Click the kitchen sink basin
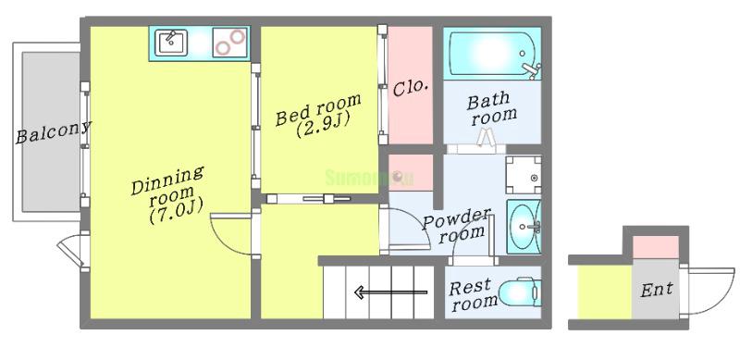pyautogui.click(x=172, y=42)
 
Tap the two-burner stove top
pyautogui.click(x=230, y=43)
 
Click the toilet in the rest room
pyautogui.click(x=520, y=292)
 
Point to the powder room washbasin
pyautogui.click(x=524, y=227)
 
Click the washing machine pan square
pyautogui.click(x=524, y=175)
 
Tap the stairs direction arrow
pyautogui.click(x=390, y=292)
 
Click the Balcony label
pyautogui.click(x=53, y=131)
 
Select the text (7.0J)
pyautogui.click(x=176, y=211)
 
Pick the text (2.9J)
pyautogui.click(x=323, y=125)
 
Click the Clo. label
pyautogui.click(x=410, y=88)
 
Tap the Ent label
pyautogui.click(x=657, y=289)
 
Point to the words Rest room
pyautogui.click(x=473, y=295)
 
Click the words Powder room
pyautogui.click(x=456, y=226)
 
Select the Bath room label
pyautogui.click(x=492, y=108)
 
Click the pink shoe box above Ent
pyautogui.click(x=655, y=247)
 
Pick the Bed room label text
pyautogui.click(x=318, y=109)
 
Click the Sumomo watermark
pyautogui.click(x=369, y=178)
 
